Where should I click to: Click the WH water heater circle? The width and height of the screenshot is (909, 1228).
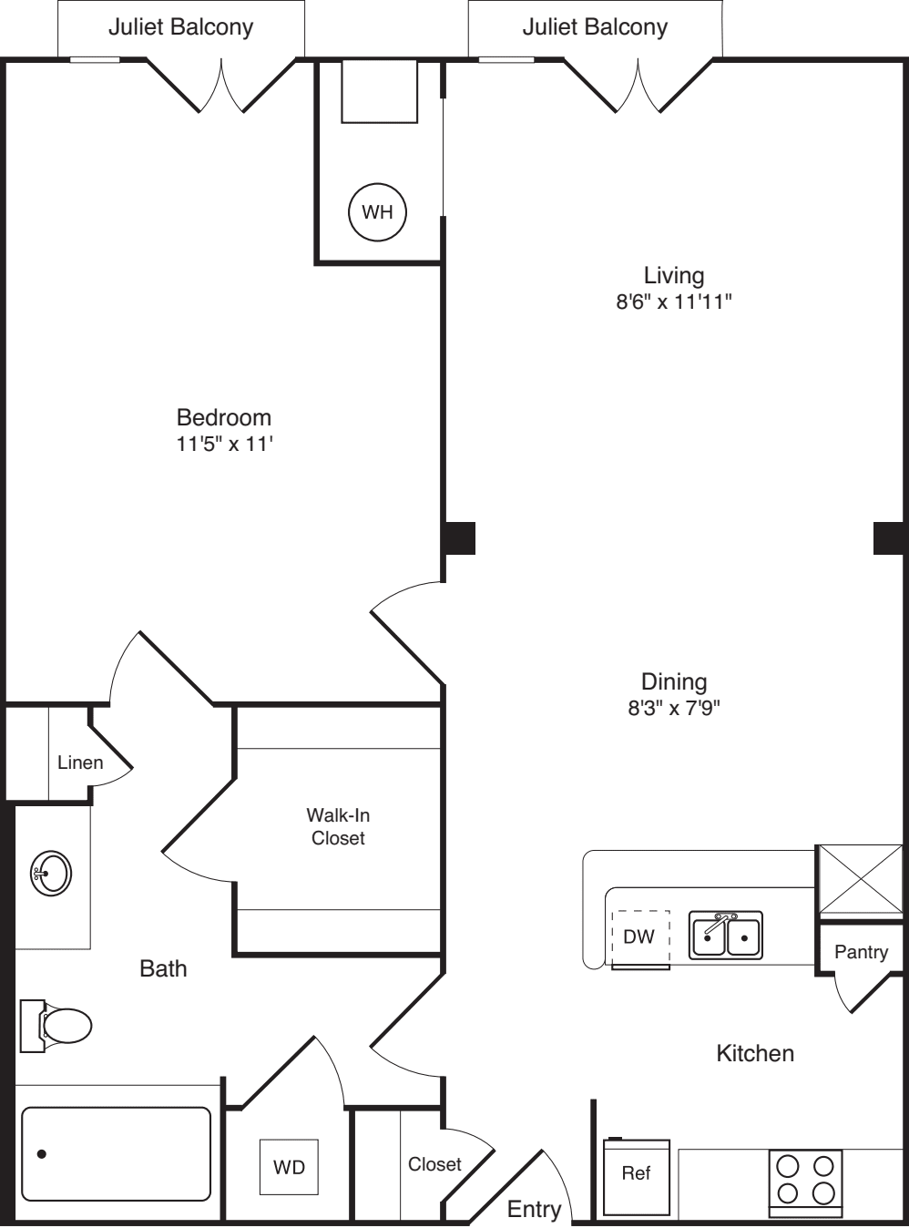(377, 212)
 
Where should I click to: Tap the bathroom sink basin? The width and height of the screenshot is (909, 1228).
(51, 874)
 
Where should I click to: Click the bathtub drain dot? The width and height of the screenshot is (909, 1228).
(42, 1154)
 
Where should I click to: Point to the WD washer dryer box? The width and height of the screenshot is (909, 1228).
(289, 1167)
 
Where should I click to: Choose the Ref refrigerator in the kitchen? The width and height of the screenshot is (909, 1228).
(636, 1174)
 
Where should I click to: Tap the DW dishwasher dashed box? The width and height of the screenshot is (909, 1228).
(639, 936)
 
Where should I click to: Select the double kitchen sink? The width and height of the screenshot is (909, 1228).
(725, 935)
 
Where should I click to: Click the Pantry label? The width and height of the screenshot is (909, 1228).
(861, 952)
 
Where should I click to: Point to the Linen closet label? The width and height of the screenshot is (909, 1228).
(80, 762)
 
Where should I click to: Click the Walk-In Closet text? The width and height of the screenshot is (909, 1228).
(338, 826)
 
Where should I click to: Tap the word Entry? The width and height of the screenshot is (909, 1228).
(534, 1209)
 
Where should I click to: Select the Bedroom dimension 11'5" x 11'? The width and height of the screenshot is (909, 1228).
(225, 445)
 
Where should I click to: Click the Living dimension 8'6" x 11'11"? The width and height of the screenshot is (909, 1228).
(674, 302)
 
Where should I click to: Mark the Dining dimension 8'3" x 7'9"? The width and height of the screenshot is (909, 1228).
(674, 708)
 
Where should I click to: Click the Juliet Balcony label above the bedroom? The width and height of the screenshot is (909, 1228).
(180, 27)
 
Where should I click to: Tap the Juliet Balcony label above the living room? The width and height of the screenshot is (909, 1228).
(595, 27)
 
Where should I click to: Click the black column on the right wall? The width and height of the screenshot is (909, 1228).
(889, 537)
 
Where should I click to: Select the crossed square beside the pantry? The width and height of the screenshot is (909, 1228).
(859, 879)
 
